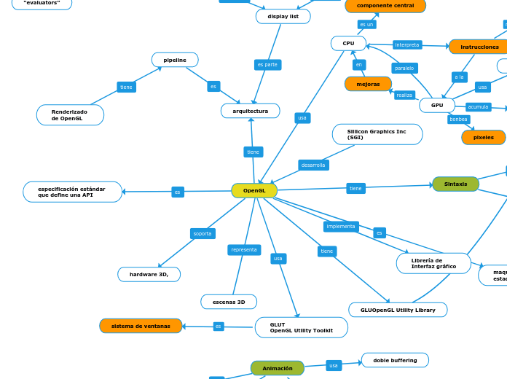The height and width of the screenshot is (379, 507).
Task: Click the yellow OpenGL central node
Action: pyautogui.click(x=254, y=190)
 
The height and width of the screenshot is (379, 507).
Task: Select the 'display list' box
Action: pyautogui.click(x=283, y=16)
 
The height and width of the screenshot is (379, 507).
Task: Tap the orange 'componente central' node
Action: pyautogui.click(x=385, y=6)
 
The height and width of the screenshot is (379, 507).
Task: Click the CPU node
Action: pyautogui.click(x=348, y=44)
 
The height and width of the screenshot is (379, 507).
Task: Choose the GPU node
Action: pyautogui.click(x=437, y=105)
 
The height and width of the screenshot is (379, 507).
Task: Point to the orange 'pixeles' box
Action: pyautogui.click(x=484, y=137)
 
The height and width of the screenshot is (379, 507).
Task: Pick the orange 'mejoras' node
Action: pyautogui.click(x=368, y=84)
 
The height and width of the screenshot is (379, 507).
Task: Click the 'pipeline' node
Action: pyautogui.click(x=175, y=60)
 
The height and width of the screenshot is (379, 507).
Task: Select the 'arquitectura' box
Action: pyautogui.click(x=251, y=111)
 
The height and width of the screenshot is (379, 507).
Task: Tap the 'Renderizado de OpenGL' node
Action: pyautogui.click(x=70, y=115)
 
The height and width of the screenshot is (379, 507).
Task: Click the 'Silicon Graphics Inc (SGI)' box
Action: pyautogui.click(x=377, y=134)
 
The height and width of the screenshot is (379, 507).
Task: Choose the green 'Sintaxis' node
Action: pyautogui.click(x=456, y=184)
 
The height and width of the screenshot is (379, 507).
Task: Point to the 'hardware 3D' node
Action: pyautogui.click(x=149, y=274)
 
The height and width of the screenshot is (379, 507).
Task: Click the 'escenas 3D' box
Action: pyautogui.click(x=229, y=302)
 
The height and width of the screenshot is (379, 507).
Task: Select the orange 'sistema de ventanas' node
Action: pyautogui.click(x=141, y=326)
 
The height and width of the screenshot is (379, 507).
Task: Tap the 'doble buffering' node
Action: pyautogui.click(x=395, y=360)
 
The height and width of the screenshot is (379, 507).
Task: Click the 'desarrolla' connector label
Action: pyautogui.click(x=313, y=165)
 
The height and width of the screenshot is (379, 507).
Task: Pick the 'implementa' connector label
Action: pyautogui.click(x=341, y=227)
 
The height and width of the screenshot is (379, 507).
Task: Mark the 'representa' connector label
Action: pyautogui.click(x=244, y=250)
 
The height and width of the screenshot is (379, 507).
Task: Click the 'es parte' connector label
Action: pyautogui.click(x=268, y=65)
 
